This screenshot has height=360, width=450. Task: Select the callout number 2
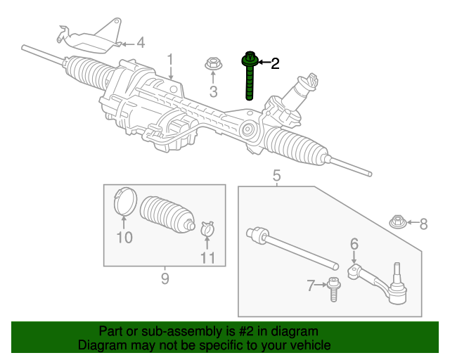click(275, 64)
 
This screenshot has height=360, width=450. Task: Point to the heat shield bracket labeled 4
click(88, 39)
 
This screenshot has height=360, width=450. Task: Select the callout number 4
click(140, 44)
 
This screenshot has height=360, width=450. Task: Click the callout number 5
click(276, 175)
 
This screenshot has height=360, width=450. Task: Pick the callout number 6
click(354, 243)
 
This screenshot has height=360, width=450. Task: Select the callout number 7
click(311, 285)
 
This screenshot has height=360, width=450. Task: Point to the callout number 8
click(423, 224)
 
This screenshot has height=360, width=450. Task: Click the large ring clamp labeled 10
click(124, 202)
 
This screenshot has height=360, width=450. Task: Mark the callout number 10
click(124, 238)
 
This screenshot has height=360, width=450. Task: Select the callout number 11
click(207, 258)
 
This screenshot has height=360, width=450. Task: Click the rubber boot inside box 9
click(167, 213)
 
